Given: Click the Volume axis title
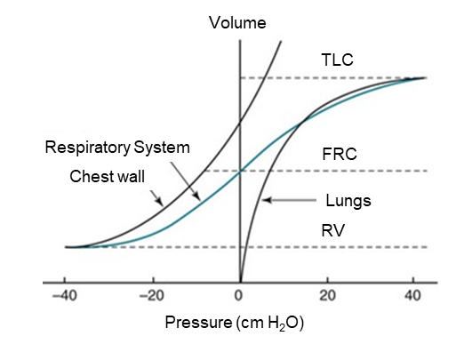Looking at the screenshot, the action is click(237, 23).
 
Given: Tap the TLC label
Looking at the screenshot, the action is click(337, 60).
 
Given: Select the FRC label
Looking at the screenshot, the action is click(340, 154).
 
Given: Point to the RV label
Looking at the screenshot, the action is click(333, 230).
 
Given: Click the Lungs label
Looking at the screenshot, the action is click(348, 201).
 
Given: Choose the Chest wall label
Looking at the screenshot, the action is click(107, 177).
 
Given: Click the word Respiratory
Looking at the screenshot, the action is click(88, 148).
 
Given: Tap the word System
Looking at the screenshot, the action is click(162, 148).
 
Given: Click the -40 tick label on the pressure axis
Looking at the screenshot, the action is click(64, 296).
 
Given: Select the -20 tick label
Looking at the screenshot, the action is click(151, 296).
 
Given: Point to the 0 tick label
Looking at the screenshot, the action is click(239, 296).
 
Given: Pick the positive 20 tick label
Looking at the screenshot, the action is click(327, 296).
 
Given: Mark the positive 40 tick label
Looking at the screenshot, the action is click(412, 296).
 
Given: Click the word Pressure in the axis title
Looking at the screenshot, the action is click(198, 322).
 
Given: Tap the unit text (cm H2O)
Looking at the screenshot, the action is click(270, 323).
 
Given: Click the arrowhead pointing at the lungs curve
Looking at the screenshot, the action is click(266, 200).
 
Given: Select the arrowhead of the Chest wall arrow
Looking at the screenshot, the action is click(160, 203).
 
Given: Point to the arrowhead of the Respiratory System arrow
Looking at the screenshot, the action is click(197, 197).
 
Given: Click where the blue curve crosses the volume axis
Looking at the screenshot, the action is click(240, 172).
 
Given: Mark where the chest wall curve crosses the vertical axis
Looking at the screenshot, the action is click(240, 122).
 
